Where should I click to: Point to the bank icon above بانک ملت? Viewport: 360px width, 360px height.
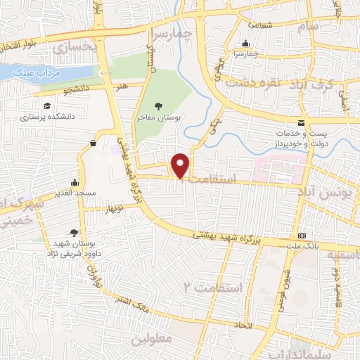pyautogui.click(x=302, y=235)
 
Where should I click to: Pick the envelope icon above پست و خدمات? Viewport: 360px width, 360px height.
pyautogui.click(x=301, y=123)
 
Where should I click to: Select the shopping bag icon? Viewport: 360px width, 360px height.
pyautogui.click(x=93, y=143)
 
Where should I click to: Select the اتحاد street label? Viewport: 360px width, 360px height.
pyautogui.click(x=243, y=326)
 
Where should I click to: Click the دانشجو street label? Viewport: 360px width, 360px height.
pyautogui.click(x=76, y=91)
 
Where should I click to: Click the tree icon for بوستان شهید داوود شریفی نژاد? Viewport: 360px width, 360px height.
pyautogui.click(x=74, y=233)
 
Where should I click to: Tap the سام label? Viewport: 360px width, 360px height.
pyautogui.click(x=307, y=26)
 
